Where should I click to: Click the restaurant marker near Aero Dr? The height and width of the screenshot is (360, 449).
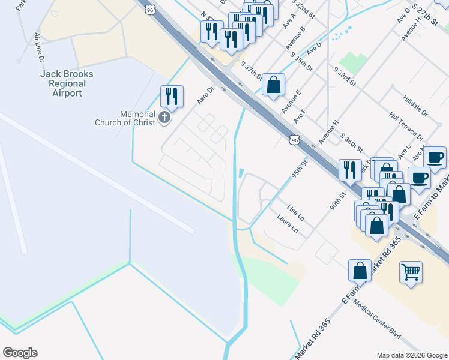click(x=172, y=97)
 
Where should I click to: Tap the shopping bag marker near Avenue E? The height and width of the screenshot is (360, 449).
click(x=273, y=85)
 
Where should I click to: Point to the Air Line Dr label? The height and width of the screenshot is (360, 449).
click(x=40, y=47)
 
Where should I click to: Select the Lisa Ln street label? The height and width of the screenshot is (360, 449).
click(x=295, y=212)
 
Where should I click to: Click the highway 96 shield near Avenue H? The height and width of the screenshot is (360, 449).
click(x=294, y=140)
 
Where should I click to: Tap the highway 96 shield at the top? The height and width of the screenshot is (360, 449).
click(x=151, y=9)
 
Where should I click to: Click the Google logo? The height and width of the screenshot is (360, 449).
click(x=20, y=353)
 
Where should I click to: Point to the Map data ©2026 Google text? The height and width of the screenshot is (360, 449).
click(x=411, y=355)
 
